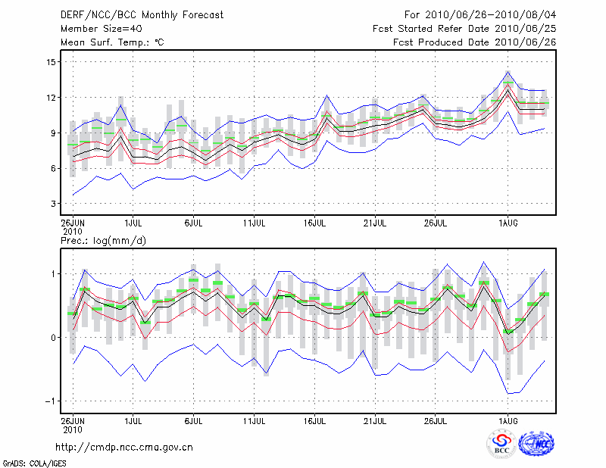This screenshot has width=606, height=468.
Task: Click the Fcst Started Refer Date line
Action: click(x=465, y=28)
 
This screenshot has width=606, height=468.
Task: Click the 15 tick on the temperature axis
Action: click(x=51, y=62)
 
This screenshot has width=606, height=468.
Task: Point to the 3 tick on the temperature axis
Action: click(x=53, y=204)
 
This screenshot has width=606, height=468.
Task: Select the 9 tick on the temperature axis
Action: click(x=53, y=133)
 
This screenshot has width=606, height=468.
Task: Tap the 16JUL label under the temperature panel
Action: click(x=315, y=223)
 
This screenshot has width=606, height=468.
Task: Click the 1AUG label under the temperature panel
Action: click(x=508, y=223)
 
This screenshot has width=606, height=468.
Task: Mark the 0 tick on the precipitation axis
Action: click(x=53, y=338)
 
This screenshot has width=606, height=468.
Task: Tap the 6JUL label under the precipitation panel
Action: click(x=194, y=419)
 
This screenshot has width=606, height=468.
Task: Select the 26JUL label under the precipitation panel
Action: click(x=436, y=419)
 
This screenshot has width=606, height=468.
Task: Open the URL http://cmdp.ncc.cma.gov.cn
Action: click(x=124, y=447)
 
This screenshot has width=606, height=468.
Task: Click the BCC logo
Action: click(x=501, y=444)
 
